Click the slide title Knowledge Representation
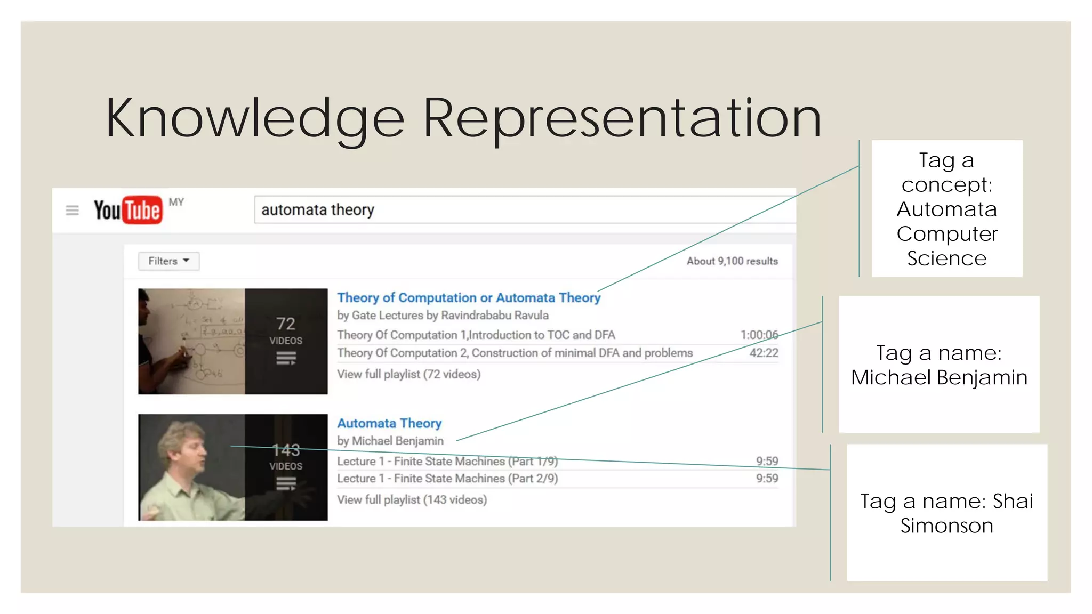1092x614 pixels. pos(463,118)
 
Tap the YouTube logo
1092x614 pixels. pos(128,209)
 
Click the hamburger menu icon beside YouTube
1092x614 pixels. pos(72,211)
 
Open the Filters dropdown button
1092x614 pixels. pos(168,261)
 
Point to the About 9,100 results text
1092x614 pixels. pos(732,261)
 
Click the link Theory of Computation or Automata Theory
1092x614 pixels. pos(468,297)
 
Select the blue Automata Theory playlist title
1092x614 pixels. pos(389,423)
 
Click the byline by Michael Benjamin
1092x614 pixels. pos(390,441)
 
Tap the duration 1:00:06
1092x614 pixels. pos(759,335)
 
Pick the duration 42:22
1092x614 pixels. pos(764,353)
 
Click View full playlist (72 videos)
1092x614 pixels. pos(408,374)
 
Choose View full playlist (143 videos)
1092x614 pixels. pos(412,500)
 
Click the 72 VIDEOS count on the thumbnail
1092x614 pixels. pos(286,330)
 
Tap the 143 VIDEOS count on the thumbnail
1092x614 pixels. pos(286,457)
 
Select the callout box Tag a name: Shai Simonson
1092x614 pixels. pos(946,513)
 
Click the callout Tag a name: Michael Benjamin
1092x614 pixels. pos(938,365)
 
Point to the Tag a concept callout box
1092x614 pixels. pos(946,209)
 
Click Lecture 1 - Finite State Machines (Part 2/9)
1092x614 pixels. pos(447,479)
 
